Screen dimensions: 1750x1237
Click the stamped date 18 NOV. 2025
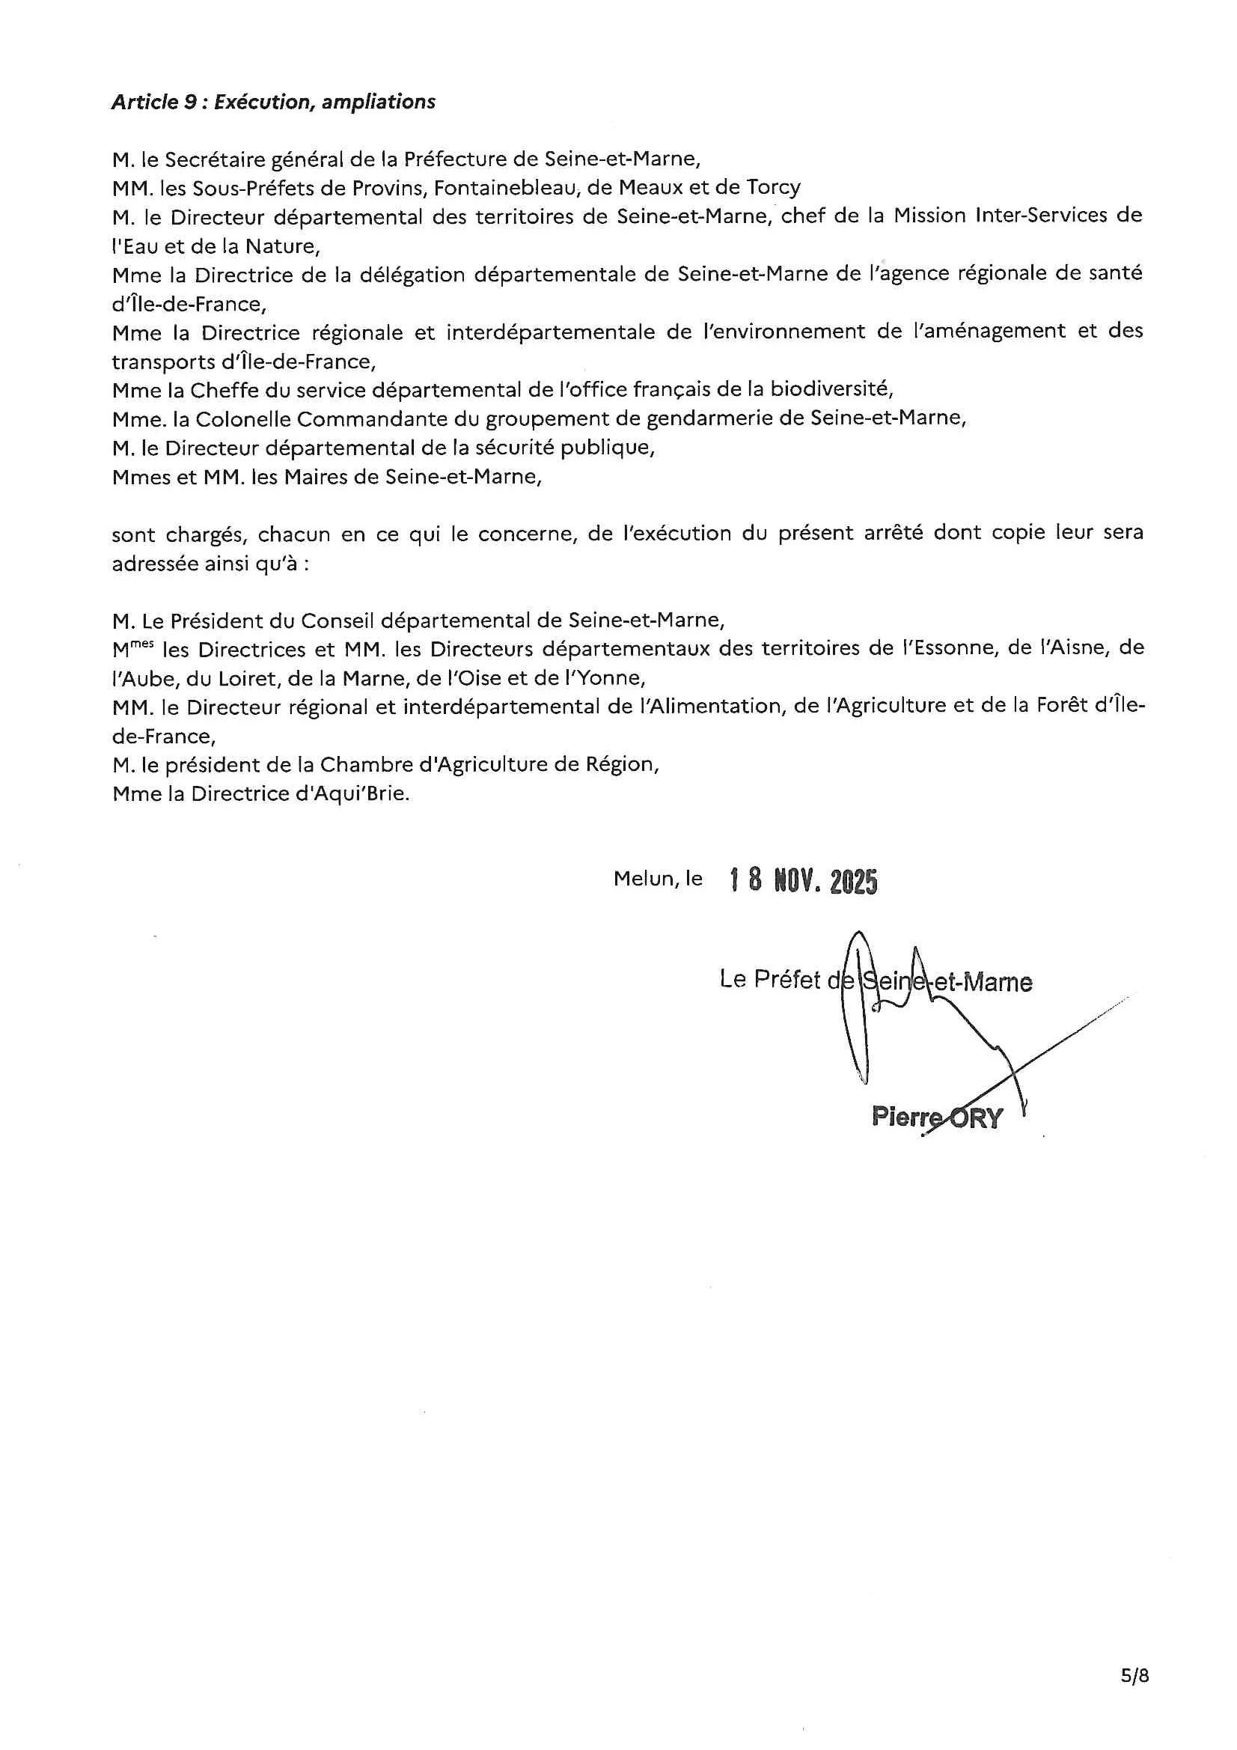[x=803, y=881]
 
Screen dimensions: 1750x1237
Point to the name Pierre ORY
[x=937, y=1118]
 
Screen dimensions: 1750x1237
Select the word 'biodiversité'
[x=831, y=389]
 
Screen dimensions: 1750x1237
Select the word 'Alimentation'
[x=705, y=707]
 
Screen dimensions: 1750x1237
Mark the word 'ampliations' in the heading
[x=378, y=102]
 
